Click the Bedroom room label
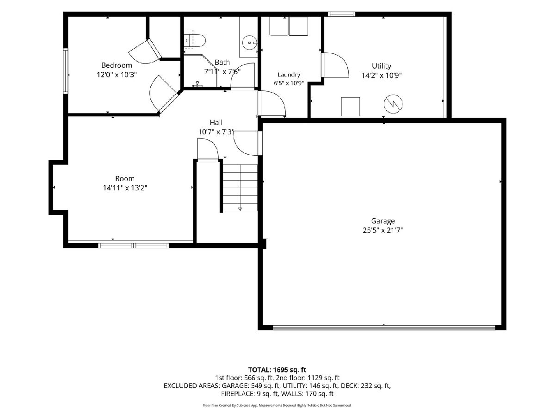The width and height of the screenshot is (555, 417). (x=117, y=65)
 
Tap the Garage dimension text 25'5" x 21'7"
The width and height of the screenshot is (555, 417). (x=382, y=230)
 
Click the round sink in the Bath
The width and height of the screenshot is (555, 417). (x=250, y=43)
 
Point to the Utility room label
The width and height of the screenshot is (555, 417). (x=381, y=66)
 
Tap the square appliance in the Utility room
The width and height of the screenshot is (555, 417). (x=351, y=107)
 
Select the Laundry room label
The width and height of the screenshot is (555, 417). (x=289, y=75)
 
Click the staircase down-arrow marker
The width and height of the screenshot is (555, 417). (x=240, y=209)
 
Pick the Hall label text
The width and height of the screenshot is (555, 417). (x=216, y=122)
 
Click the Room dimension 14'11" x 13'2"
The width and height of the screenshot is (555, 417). (x=125, y=188)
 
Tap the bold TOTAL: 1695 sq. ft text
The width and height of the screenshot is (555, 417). (x=277, y=370)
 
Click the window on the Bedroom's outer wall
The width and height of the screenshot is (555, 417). (x=66, y=71)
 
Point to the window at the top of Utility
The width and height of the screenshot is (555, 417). (x=341, y=14)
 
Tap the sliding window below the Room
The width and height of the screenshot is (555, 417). (x=134, y=246)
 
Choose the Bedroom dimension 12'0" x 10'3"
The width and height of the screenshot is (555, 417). (x=117, y=75)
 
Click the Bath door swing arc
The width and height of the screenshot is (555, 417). (x=242, y=76)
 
